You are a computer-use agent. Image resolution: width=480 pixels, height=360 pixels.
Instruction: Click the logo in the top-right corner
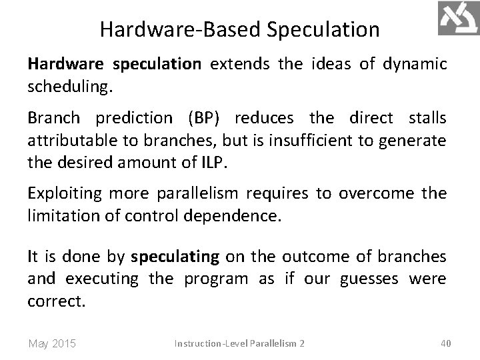tap(458, 18)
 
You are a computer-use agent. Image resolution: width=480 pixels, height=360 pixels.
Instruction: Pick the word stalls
tap(425, 118)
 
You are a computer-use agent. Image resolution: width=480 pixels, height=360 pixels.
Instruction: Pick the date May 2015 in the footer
tap(52, 343)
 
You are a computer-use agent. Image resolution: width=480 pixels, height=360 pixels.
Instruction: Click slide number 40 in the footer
tap(447, 343)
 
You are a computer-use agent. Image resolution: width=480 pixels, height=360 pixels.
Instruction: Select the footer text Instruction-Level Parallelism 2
tap(239, 343)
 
